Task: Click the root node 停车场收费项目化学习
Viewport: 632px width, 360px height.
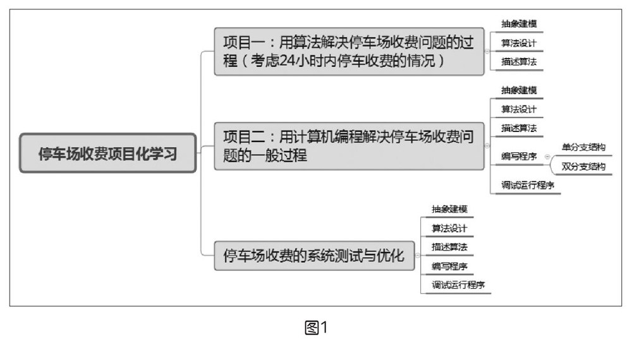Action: [x=108, y=153]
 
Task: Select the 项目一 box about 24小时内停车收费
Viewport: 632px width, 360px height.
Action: [x=349, y=51]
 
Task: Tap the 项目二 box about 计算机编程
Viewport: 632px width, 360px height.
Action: [x=349, y=146]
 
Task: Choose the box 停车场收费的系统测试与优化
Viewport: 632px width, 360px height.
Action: [x=314, y=255]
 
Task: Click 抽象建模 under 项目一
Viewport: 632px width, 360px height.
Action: [x=519, y=24]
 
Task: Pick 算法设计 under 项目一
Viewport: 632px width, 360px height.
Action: [x=519, y=43]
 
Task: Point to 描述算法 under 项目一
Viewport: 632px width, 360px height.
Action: [x=519, y=62]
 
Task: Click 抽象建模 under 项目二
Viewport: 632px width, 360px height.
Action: [x=519, y=90]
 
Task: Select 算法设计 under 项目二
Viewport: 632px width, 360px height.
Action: [x=519, y=109]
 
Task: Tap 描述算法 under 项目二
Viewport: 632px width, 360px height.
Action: [x=519, y=128]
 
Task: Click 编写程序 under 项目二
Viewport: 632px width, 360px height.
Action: [x=519, y=157]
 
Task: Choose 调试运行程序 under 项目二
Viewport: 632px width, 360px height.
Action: [x=528, y=186]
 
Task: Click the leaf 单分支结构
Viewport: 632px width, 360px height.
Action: [x=583, y=147]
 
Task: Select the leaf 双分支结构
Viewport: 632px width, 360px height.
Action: [x=583, y=167]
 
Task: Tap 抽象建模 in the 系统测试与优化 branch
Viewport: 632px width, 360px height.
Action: [x=449, y=209]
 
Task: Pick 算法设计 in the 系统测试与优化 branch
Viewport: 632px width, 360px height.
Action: [x=449, y=228]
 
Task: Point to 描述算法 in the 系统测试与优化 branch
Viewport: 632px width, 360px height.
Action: [x=449, y=246]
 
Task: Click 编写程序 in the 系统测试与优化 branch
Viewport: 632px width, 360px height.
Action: [x=449, y=266]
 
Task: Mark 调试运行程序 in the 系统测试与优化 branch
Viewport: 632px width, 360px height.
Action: [x=458, y=285]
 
